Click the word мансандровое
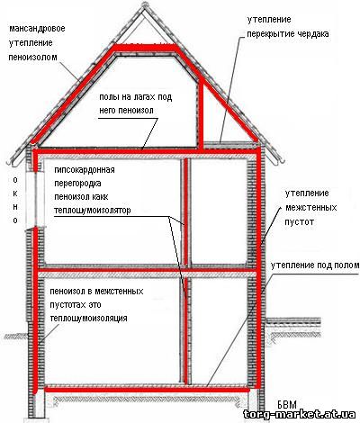(37, 29)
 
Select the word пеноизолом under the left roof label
(32, 57)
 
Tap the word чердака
(313, 34)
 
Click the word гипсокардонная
(85, 170)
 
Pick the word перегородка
(77, 184)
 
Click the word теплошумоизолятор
(93, 211)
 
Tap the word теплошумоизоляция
(89, 318)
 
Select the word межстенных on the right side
(310, 207)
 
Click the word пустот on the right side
(299, 221)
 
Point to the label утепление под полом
(315, 265)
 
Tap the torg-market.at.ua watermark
(300, 415)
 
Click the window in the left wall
(36, 200)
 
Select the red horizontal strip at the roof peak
(145, 47)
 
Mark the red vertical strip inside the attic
(202, 116)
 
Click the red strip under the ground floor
(147, 390)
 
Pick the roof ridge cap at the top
(144, 5)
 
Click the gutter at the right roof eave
(281, 160)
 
